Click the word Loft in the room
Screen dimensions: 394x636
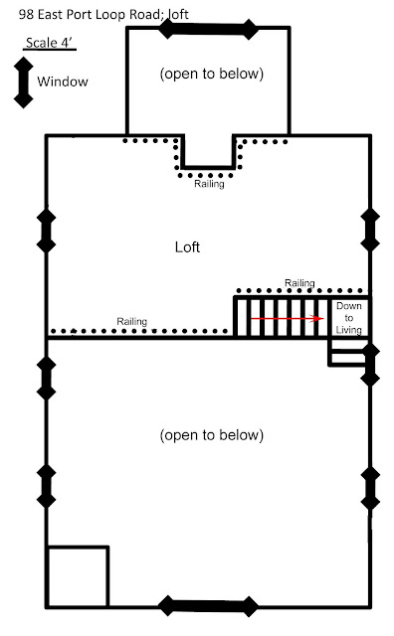tap(187, 247)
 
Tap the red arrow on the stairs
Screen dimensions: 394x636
tap(287, 318)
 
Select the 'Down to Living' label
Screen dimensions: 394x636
tap(349, 318)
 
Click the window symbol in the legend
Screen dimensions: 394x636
tap(24, 82)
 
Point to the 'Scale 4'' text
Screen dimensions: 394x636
tap(50, 43)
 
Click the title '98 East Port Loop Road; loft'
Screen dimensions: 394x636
tap(103, 15)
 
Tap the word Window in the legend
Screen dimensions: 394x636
tap(63, 81)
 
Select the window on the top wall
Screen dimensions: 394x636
tap(208, 29)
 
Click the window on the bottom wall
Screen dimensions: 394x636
tap(208, 606)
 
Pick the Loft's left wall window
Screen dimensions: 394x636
tap(47, 231)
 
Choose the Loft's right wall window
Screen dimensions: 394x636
tap(370, 230)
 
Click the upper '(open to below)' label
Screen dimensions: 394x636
tap(212, 74)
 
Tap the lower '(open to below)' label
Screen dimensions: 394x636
tap(212, 435)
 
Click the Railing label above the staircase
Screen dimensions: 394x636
tap(299, 282)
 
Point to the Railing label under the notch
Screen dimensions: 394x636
tap(209, 184)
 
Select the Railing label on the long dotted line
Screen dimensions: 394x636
tap(131, 321)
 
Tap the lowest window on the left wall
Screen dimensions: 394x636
tap(47, 486)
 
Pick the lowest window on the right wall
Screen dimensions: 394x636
tap(370, 488)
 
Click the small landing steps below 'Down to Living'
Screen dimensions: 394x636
tap(348, 353)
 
